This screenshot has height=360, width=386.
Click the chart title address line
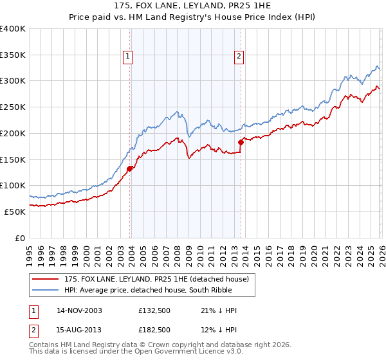[192, 6]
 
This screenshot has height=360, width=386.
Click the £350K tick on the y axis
[13, 55]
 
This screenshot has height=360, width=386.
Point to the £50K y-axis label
[15, 212]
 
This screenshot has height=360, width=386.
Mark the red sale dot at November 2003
[130, 168]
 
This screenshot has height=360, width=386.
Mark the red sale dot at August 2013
[241, 142]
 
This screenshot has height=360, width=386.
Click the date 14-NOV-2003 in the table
[79, 310]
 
